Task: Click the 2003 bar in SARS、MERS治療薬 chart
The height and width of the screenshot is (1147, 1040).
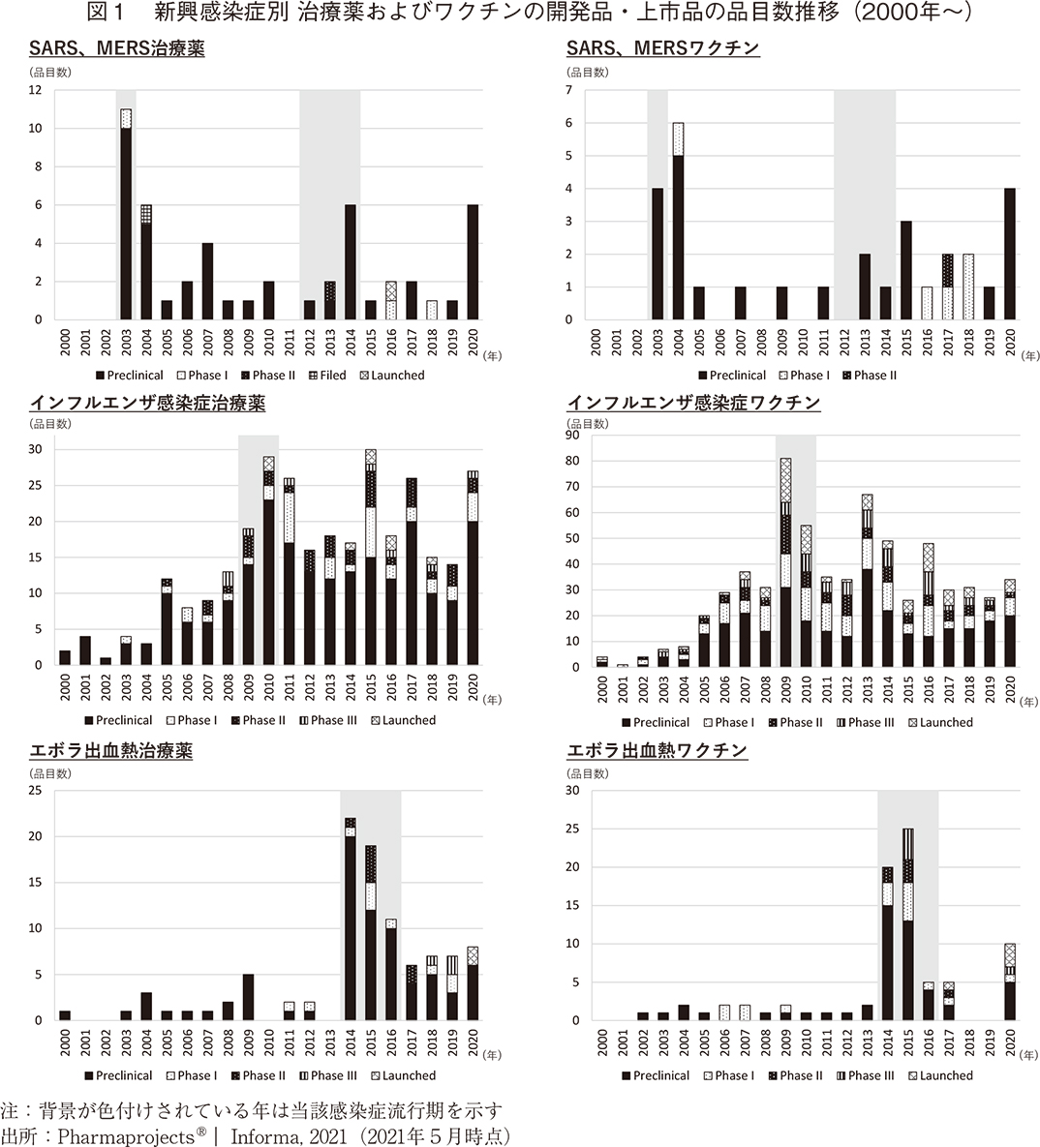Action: (x=126, y=215)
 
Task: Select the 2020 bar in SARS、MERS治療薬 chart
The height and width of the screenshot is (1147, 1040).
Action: (x=473, y=262)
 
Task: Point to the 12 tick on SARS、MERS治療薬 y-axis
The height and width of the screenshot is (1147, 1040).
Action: (x=36, y=90)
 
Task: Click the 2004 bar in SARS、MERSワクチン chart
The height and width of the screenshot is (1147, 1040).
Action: (x=678, y=222)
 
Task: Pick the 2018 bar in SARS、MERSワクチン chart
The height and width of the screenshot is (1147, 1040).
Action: (x=967, y=287)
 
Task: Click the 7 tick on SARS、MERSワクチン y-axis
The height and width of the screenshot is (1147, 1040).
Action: (x=569, y=90)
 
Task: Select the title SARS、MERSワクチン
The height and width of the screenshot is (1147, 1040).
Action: (x=662, y=48)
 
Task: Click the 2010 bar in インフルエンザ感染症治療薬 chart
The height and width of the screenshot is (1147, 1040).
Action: (x=268, y=561)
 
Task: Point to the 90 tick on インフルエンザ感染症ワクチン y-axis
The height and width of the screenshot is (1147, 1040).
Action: (x=571, y=436)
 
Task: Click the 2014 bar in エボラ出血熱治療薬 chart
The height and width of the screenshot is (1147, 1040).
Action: (x=350, y=920)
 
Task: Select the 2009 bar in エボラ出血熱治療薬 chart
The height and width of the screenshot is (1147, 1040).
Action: (x=248, y=997)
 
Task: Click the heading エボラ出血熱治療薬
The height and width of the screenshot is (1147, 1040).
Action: (x=110, y=751)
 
